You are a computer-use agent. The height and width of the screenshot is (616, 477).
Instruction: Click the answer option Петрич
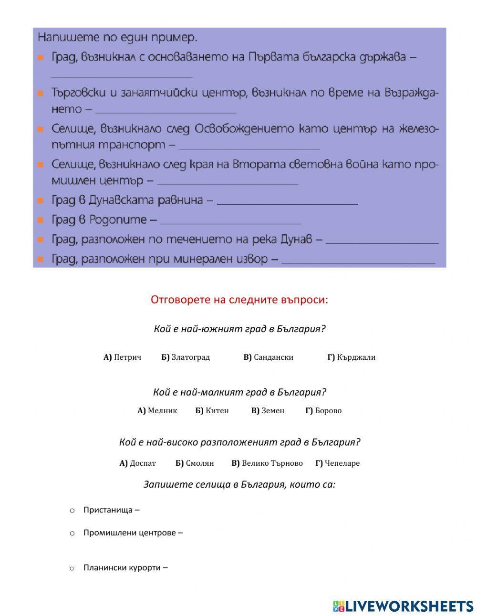pos(123,357)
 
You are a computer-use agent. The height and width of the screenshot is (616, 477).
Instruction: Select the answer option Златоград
pos(186,357)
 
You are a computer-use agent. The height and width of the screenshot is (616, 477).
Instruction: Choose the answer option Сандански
pos(269,357)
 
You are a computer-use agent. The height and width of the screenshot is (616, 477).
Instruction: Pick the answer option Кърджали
pos(352,357)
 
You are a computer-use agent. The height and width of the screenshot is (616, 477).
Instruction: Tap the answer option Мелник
pos(157,410)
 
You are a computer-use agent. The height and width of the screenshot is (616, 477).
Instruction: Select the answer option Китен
pos(212,410)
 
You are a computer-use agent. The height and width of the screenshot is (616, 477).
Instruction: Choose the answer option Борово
pos(323,410)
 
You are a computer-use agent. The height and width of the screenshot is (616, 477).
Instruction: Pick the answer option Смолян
pos(195,463)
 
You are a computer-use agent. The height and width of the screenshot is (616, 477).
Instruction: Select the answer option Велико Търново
pos(267,463)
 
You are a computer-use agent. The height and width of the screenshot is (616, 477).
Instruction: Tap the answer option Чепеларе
pos(338,463)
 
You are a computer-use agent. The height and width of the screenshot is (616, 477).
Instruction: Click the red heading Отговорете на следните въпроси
pos(239,300)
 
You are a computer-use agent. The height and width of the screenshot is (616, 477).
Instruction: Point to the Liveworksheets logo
pos(403,606)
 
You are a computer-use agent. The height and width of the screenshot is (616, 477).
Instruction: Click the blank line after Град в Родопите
pos(231,221)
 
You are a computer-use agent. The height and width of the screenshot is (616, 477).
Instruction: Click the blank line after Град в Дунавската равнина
pos(287,201)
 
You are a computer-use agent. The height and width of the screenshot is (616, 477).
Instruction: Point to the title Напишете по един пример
pos(117,37)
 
